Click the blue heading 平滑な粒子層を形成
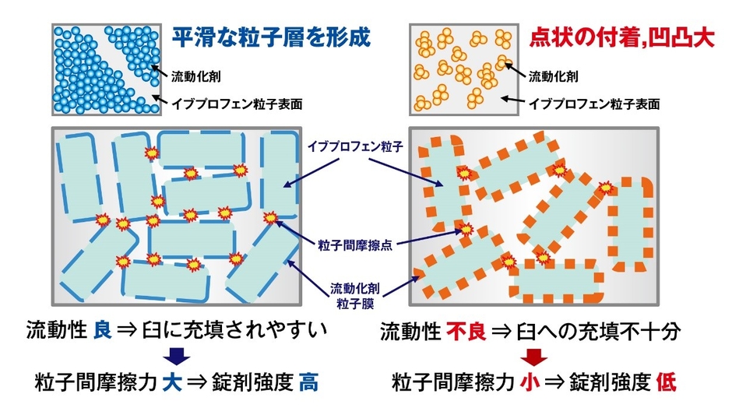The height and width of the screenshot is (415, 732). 271,37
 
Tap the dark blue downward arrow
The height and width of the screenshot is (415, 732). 177,356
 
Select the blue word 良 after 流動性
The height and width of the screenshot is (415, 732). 102,330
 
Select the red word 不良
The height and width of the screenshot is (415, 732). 466,332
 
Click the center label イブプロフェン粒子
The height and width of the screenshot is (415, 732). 355,146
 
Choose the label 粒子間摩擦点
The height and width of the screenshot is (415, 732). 355,244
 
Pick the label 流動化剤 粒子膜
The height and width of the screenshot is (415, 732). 355,296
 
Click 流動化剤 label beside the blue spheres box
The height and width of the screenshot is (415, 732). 196,76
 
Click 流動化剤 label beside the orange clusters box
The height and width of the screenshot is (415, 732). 553,76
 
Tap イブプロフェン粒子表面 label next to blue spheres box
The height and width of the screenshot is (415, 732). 237,104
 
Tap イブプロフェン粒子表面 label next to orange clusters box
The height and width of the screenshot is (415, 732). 594,104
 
